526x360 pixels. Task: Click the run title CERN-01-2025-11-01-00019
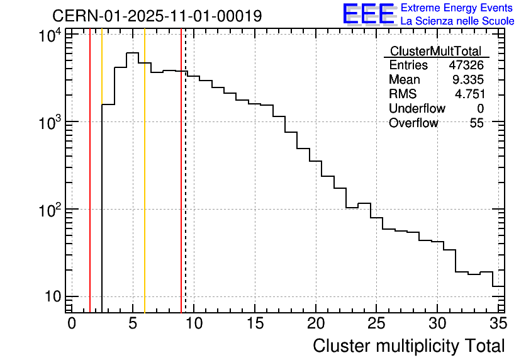(x=157, y=16)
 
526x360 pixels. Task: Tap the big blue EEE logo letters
(x=369, y=14)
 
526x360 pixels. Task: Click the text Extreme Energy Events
(x=457, y=8)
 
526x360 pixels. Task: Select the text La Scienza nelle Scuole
(x=457, y=21)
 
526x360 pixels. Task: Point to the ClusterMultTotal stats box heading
(x=435, y=52)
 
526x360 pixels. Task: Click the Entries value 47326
(x=466, y=65)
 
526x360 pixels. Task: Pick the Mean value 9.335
(x=468, y=80)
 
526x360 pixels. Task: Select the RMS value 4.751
(x=469, y=94)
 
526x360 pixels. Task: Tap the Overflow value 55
(x=476, y=123)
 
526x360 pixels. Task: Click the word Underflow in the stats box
(x=417, y=109)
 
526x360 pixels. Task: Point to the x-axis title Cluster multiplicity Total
(x=408, y=346)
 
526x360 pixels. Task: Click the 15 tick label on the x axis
(x=254, y=323)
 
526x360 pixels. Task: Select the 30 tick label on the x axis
(x=437, y=323)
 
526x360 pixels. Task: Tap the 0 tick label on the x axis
(x=72, y=323)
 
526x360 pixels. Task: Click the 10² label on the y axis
(x=50, y=209)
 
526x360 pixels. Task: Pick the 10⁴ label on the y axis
(x=50, y=36)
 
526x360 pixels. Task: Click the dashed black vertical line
(x=185, y=189)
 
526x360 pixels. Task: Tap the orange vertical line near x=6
(x=145, y=189)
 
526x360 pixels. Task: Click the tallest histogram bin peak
(x=133, y=53)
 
